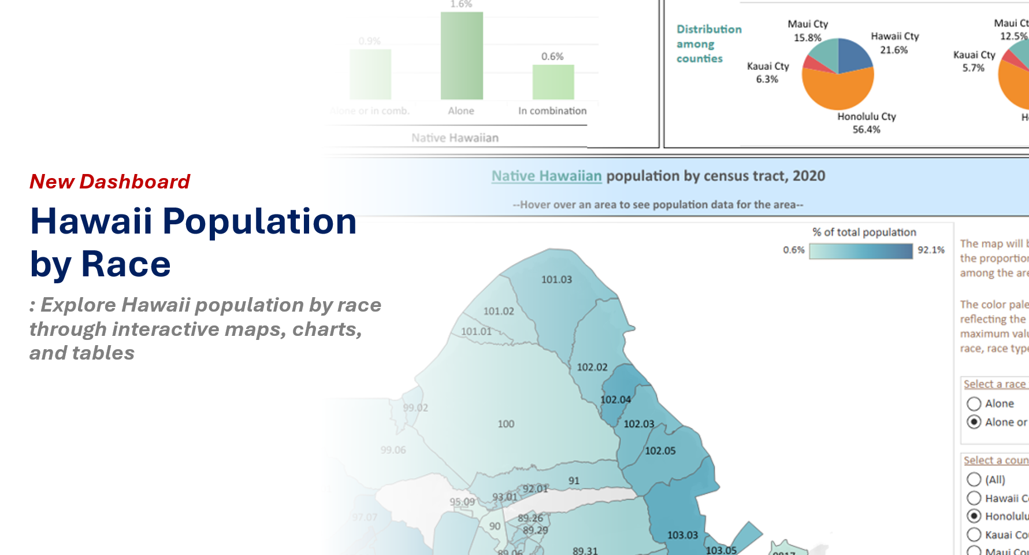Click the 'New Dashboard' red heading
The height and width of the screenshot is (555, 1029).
point(110,182)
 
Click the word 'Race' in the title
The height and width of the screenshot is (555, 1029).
point(126,264)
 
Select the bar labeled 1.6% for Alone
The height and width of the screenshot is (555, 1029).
point(462,55)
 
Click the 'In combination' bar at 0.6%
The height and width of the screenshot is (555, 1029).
point(553,82)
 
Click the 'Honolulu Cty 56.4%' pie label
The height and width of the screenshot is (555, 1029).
point(867,123)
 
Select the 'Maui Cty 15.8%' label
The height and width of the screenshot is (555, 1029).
point(808,31)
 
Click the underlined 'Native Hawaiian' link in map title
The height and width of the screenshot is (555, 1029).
point(547,176)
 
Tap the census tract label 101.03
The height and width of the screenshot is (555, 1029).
point(556,280)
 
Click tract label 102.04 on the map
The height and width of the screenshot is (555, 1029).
point(615,399)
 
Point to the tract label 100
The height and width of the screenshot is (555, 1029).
point(506,424)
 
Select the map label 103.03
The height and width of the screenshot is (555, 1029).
point(682,535)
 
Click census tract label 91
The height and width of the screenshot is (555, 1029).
point(574,480)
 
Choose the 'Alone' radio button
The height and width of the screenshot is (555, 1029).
point(974,404)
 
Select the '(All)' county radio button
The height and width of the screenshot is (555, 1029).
point(974,479)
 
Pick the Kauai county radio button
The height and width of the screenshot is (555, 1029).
point(974,535)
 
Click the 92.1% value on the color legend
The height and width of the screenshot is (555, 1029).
point(931,250)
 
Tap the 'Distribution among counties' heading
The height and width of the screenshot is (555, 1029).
point(708,44)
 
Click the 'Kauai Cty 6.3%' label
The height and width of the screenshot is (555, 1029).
point(767,73)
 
